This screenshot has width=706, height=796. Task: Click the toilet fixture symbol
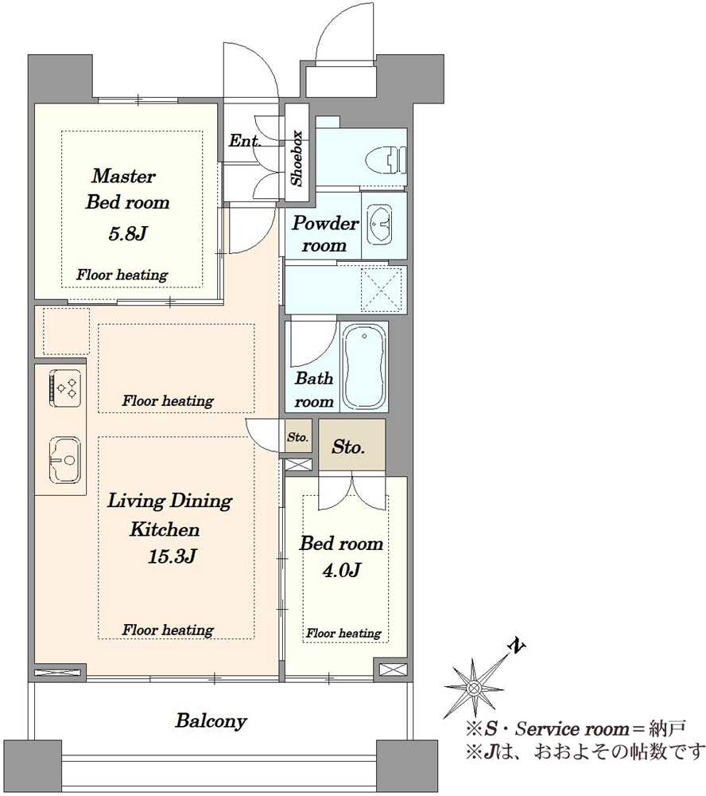point(386,160)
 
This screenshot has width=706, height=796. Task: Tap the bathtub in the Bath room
point(365,366)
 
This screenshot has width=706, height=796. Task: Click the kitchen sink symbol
point(65,459)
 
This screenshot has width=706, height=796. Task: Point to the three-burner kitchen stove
point(65,388)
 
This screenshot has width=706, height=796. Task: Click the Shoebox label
point(297,158)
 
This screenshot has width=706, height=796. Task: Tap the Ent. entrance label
point(244,141)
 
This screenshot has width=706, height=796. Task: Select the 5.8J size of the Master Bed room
point(127,234)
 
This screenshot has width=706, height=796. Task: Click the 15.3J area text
point(172,557)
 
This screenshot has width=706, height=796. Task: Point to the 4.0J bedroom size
point(341,571)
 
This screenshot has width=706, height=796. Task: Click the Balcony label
point(211,721)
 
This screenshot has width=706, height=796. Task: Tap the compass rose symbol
point(474,688)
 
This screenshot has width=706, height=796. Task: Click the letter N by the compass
point(517,646)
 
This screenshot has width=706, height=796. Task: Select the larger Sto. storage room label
point(348,447)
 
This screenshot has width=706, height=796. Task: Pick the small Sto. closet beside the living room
point(297,437)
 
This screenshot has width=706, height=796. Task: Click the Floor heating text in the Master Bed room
point(122,275)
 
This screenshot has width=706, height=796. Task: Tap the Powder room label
point(324,234)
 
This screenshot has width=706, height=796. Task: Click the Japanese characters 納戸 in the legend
point(668,729)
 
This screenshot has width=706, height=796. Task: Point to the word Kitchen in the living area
point(165,529)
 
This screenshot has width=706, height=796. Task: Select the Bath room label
point(315,390)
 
